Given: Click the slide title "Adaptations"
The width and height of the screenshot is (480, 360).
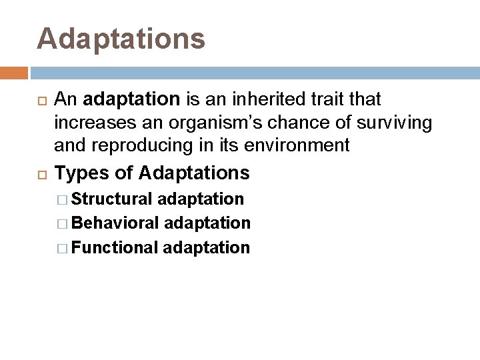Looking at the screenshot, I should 121,39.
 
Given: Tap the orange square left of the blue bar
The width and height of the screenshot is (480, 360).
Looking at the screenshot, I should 14,73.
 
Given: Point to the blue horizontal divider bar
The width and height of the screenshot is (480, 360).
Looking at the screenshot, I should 253,73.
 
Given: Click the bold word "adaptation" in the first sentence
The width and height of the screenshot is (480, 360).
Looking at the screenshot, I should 133,100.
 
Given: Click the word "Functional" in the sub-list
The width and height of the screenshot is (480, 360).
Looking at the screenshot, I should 114,248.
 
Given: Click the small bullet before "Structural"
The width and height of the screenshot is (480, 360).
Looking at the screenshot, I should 63,199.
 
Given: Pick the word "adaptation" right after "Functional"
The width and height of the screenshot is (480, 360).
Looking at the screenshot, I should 206,248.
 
